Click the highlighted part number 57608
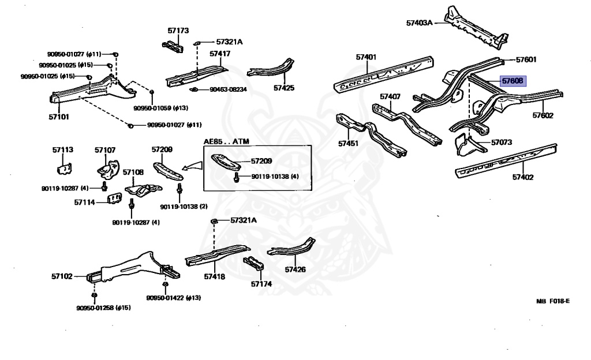(512, 81)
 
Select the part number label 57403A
(419, 23)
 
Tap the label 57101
(58, 117)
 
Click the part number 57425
(284, 88)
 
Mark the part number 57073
(502, 141)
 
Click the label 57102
(62, 276)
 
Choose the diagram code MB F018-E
(552, 301)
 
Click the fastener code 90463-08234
(228, 89)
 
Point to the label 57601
(526, 59)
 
